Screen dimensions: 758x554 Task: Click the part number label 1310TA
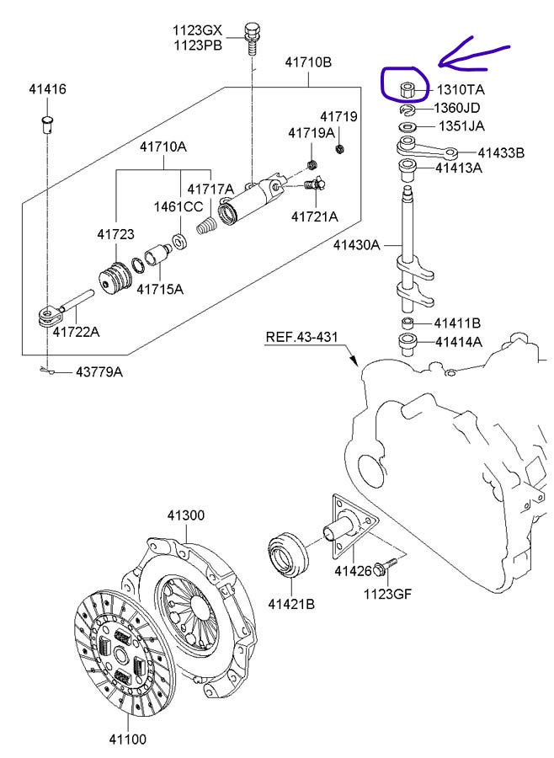pyautogui.click(x=461, y=89)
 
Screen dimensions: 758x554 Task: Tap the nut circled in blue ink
pyautogui.click(x=405, y=87)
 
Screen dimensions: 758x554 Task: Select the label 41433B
pyautogui.click(x=501, y=153)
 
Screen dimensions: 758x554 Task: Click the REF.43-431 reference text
pyautogui.click(x=301, y=337)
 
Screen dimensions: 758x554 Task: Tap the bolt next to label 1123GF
pyautogui.click(x=384, y=568)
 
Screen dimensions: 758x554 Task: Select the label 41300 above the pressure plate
pyautogui.click(x=185, y=515)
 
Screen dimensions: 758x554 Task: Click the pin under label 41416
pyautogui.click(x=48, y=125)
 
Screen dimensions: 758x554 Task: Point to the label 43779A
pyautogui.click(x=99, y=371)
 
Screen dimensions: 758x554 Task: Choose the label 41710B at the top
pyautogui.click(x=308, y=62)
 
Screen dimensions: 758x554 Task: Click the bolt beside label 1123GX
pyautogui.click(x=250, y=35)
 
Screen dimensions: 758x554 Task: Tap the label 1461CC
pyautogui.click(x=178, y=206)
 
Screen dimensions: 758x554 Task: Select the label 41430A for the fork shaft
pyautogui.click(x=357, y=245)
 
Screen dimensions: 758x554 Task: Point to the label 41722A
pyautogui.click(x=76, y=332)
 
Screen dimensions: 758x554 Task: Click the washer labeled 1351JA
pyautogui.click(x=406, y=127)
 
